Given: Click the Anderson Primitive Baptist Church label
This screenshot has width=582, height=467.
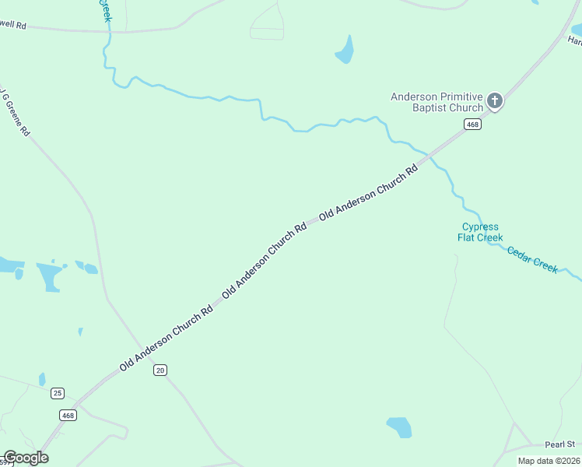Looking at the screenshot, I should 436,102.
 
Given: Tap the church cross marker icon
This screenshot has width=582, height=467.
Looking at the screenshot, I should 495,100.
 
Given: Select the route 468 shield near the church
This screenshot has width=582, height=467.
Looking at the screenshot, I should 472,125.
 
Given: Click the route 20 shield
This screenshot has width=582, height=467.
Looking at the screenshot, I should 160,370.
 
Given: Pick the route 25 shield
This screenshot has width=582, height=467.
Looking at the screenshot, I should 57,393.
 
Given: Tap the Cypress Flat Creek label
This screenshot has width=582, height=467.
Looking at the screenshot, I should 479,232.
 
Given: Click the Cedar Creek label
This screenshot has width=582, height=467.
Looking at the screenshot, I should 532,258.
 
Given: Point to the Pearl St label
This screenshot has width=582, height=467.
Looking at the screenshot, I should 559,444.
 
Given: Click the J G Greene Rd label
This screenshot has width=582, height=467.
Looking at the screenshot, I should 13,111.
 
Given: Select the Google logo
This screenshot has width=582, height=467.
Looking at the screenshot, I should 25,458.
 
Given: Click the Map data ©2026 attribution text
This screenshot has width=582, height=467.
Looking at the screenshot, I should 548,461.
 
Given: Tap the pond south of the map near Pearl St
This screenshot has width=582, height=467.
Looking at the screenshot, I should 399,427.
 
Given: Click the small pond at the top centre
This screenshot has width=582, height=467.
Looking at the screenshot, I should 344,51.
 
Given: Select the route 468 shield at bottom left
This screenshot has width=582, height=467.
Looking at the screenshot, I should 68,416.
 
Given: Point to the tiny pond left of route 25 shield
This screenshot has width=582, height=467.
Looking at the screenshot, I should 42,379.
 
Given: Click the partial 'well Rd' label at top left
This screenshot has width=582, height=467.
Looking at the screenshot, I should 13,26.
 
